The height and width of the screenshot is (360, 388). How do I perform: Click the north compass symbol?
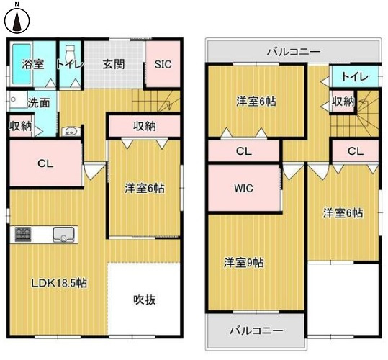(x=15, y=19)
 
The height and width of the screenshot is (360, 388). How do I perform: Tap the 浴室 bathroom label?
(x=33, y=64)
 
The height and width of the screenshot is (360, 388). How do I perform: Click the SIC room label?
(x=163, y=64)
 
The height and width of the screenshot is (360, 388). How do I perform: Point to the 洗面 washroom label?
(x=38, y=102)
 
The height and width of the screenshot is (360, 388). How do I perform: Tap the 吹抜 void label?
(x=145, y=299)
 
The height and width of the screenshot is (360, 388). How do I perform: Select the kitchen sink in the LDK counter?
(x=63, y=235)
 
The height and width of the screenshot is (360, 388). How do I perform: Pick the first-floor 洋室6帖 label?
(x=144, y=189)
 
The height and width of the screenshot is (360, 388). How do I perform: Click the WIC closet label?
(x=243, y=189)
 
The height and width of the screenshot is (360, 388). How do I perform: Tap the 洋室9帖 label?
(x=243, y=262)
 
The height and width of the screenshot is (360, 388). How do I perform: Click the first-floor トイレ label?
(x=71, y=64)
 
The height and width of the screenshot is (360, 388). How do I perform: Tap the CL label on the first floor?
(x=45, y=163)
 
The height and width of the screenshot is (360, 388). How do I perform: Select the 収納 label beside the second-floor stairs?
(x=343, y=102)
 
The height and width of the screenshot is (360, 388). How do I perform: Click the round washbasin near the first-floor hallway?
(x=71, y=131)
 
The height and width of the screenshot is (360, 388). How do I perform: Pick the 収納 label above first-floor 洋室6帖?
(x=145, y=126)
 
